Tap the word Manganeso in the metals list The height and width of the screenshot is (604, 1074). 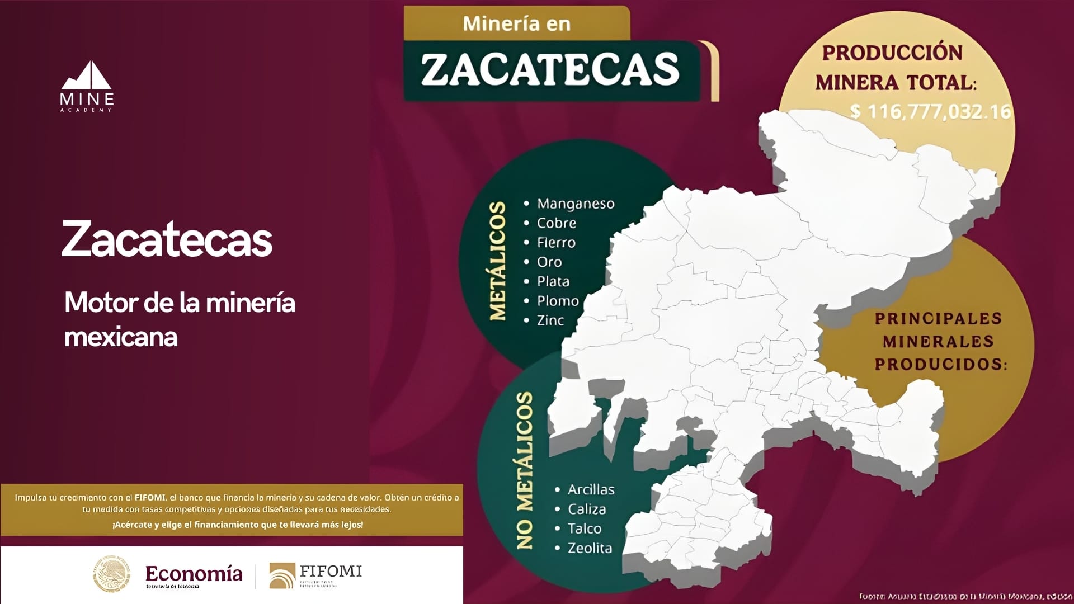tap(575, 204)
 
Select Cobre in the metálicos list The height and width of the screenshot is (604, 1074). tap(556, 223)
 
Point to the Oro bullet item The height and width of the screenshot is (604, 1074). tap(549, 262)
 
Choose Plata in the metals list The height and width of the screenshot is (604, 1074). tap(553, 282)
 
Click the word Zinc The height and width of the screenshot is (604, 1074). tap(550, 320)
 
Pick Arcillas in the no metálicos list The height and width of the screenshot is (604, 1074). tap(591, 490)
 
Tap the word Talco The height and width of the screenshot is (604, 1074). tap(584, 528)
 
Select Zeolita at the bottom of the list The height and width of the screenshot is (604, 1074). tap(589, 548)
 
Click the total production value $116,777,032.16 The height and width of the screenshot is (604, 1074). tap(930, 112)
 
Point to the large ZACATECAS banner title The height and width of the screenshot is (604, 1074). tap(550, 69)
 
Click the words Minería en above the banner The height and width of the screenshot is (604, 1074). tap(516, 23)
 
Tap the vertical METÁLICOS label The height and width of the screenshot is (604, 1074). tap(497, 261)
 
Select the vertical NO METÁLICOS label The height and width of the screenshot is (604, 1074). tap(524, 470)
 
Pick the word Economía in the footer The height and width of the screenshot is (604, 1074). tap(194, 574)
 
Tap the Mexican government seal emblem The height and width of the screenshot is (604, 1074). tap(111, 574)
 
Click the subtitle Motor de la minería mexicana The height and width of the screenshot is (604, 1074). tap(180, 319)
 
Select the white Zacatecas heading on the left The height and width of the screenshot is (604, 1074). tap(167, 240)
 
